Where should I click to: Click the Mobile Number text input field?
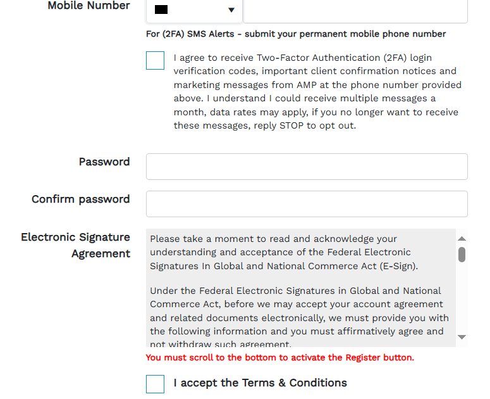(x=355, y=10)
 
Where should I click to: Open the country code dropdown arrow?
(x=231, y=10)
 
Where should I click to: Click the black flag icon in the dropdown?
(x=161, y=10)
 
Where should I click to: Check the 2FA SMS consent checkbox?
(x=155, y=61)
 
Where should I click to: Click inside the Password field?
(x=307, y=167)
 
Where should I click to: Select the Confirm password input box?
(x=307, y=204)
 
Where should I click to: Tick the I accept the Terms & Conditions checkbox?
(x=155, y=384)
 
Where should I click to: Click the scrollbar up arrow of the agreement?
(x=462, y=239)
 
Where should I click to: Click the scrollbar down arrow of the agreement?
(x=462, y=338)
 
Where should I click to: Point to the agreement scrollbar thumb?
(x=462, y=254)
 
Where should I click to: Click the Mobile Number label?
(x=89, y=6)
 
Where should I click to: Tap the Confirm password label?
(x=80, y=199)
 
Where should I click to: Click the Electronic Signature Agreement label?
(x=75, y=245)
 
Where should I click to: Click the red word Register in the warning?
(x=362, y=357)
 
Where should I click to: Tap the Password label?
(x=104, y=161)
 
